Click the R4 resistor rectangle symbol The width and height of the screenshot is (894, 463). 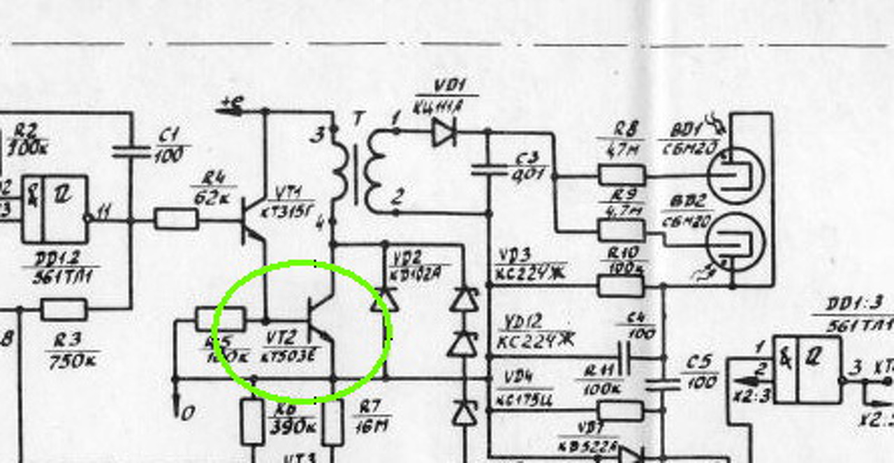(175, 219)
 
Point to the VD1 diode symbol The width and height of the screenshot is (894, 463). (444, 131)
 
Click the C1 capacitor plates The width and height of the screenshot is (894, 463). (131, 149)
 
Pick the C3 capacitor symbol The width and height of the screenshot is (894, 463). (488, 168)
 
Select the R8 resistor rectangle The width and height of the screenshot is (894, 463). (621, 175)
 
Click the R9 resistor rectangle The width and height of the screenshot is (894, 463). (621, 230)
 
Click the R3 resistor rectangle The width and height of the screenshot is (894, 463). (64, 309)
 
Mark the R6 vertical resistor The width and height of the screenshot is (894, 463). (252, 421)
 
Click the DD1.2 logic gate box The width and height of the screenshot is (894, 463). (55, 210)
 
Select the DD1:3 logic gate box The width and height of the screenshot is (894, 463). (807, 369)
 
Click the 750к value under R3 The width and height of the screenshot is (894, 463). (72, 360)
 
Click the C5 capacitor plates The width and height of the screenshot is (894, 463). (663, 383)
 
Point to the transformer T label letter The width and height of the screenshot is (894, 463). (358, 119)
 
